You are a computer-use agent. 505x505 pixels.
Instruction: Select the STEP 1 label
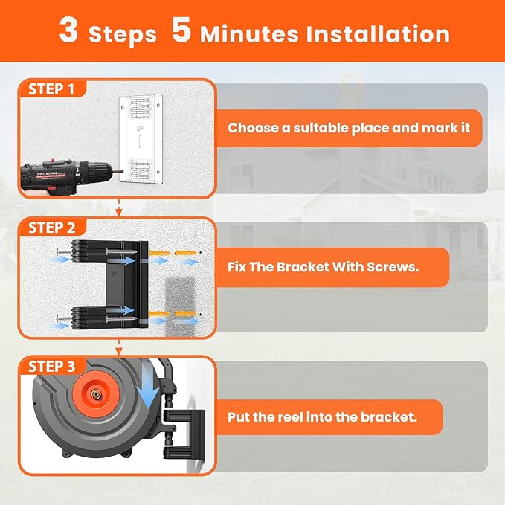coord(51,89)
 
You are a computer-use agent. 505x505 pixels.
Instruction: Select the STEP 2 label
coord(51,228)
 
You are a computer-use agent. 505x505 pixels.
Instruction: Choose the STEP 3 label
coord(51,366)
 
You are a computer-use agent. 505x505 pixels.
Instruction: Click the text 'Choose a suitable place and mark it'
coord(349,128)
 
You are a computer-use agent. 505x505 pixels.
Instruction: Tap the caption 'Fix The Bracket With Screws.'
coord(324,266)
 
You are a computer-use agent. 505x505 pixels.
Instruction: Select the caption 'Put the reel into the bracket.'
coord(322,417)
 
